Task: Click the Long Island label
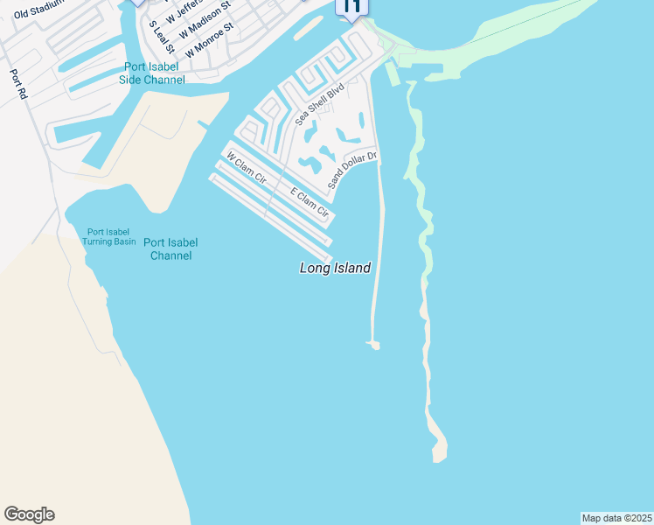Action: [x=335, y=269]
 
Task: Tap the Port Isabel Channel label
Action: [x=170, y=249]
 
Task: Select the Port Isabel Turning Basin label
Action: [x=108, y=236]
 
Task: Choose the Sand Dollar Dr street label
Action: [x=351, y=170]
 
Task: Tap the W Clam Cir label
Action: [x=246, y=166]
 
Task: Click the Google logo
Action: [x=29, y=514]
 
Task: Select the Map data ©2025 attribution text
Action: [x=617, y=518]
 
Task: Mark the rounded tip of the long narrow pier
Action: [x=375, y=346]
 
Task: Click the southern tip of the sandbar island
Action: [x=439, y=456]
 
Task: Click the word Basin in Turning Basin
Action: [x=123, y=241]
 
